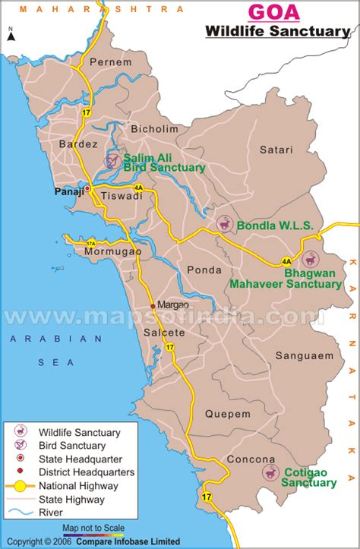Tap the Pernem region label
[x=106, y=62]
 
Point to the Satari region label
[x=276, y=150]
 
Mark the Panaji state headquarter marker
[x=87, y=188]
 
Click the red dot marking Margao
[x=153, y=306]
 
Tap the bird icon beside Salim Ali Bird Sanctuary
[x=112, y=160]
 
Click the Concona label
[x=250, y=459]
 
